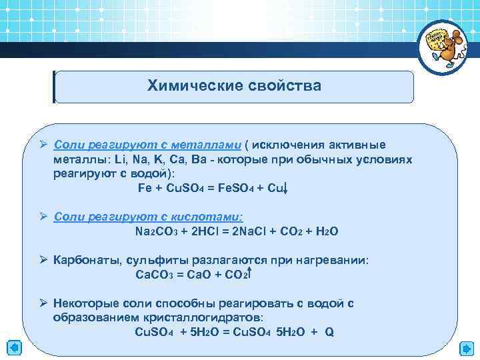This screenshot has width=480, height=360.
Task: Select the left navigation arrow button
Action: [14, 348]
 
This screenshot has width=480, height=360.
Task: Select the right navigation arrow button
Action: [466, 348]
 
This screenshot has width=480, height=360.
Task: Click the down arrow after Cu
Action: [286, 189]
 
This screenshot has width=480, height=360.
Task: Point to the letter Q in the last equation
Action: [329, 331]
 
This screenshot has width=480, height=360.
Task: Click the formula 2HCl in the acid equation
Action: [192, 231]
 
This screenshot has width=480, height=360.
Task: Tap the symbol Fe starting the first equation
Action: [144, 189]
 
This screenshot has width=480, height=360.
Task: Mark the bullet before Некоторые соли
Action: [41, 303]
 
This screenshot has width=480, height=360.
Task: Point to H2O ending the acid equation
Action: [326, 231]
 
